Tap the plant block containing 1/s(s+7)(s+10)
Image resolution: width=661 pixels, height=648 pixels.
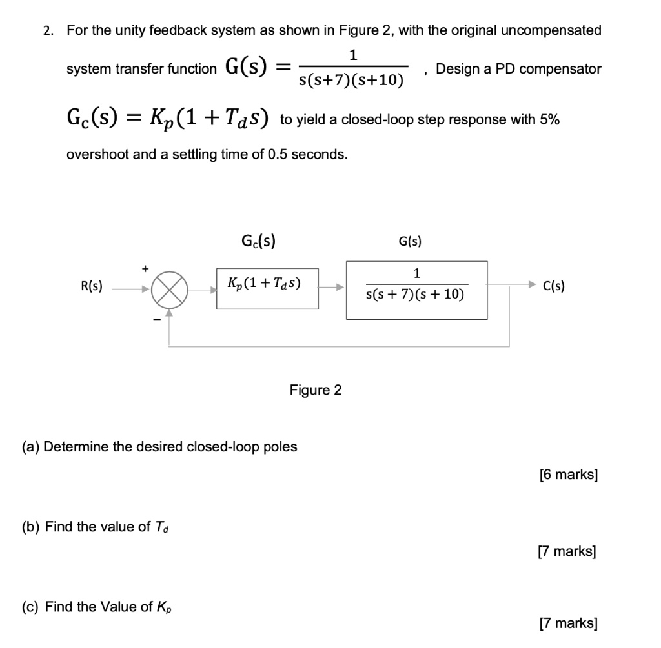pos(416,290)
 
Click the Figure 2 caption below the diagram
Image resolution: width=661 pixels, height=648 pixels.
pos(316,390)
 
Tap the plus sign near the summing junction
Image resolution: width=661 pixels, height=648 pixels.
pos(146,266)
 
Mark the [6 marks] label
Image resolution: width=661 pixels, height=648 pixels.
pos(568,475)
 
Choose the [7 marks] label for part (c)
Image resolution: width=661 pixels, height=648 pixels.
pos(568,623)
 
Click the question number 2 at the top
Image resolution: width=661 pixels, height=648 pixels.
pos(47,30)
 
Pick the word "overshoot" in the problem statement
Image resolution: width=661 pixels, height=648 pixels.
pos(96,155)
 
